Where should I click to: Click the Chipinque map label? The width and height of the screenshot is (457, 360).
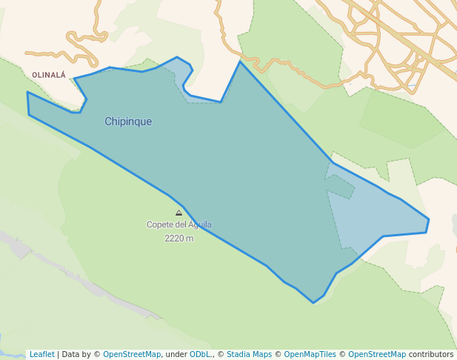coord(128,121)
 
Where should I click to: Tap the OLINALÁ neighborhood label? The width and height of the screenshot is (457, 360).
coord(49,75)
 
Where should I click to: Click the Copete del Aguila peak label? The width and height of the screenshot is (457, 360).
coord(179,224)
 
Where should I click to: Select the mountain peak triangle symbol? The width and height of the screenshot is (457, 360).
coord(179,213)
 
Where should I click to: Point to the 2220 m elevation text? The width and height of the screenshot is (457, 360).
coord(179,239)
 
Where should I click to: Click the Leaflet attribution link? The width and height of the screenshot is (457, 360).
coord(41,354)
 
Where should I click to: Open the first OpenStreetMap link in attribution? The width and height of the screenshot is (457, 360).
coord(131,354)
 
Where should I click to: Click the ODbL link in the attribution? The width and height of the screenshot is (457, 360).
coord(201,354)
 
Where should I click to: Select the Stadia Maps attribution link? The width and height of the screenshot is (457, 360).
coord(249,354)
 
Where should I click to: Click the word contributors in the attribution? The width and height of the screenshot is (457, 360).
coord(430,354)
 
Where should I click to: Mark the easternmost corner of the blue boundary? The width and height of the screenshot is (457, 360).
coord(429,219)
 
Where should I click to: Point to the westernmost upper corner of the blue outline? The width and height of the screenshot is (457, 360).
coord(27,93)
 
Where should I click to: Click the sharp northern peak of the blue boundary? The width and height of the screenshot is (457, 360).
coord(239,61)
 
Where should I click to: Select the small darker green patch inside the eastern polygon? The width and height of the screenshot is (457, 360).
coord(341,187)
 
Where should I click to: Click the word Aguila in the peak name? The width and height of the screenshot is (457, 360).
coord(199,224)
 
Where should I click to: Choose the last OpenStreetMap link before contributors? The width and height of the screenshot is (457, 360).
coord(376,354)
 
